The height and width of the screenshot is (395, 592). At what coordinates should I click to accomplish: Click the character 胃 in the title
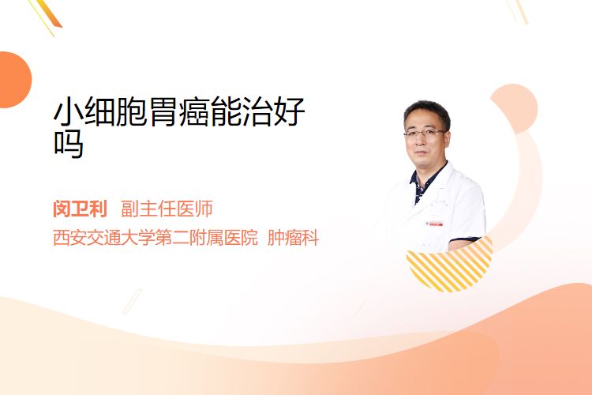[163, 111]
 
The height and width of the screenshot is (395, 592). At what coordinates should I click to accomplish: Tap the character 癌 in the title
[195, 111]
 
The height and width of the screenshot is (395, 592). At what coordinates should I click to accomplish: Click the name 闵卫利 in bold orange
[80, 209]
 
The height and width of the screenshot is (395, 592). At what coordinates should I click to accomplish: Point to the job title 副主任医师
[167, 209]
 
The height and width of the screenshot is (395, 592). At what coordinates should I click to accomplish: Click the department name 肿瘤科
[293, 238]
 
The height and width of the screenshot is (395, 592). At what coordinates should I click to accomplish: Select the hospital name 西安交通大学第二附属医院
[155, 238]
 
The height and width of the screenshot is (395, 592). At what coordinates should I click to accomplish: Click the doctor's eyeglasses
[425, 133]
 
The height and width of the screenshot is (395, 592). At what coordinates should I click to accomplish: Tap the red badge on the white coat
[434, 224]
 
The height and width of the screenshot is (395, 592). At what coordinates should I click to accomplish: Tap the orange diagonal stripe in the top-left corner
[50, 13]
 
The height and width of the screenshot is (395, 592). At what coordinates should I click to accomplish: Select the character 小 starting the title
[69, 111]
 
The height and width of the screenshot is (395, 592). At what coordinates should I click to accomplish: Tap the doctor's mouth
[421, 152]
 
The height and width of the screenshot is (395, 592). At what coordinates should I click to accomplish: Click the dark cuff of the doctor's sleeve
[464, 239]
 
